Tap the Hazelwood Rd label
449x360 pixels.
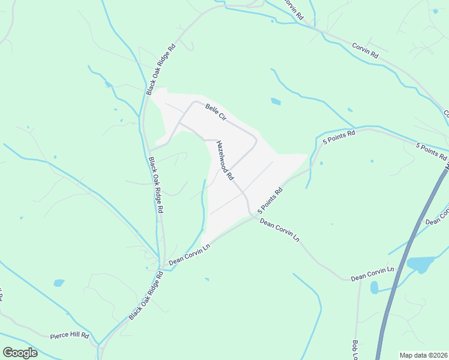pos(225,160)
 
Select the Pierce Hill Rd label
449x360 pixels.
pos(69,335)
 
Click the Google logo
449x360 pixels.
pos(20,352)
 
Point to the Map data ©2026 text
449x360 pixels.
pos(423,355)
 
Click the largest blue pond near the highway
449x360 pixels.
pos(420,263)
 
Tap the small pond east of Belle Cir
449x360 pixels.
pos(276,101)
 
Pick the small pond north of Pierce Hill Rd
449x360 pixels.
pos(59,283)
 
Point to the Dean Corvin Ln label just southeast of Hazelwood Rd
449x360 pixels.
pos(279,230)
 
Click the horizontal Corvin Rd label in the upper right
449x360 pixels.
pos(365,50)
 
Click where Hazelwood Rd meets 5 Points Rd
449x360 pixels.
pos(249,213)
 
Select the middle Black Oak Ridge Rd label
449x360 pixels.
pos(155,186)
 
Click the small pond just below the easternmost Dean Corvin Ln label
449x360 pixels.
pos(375,288)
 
